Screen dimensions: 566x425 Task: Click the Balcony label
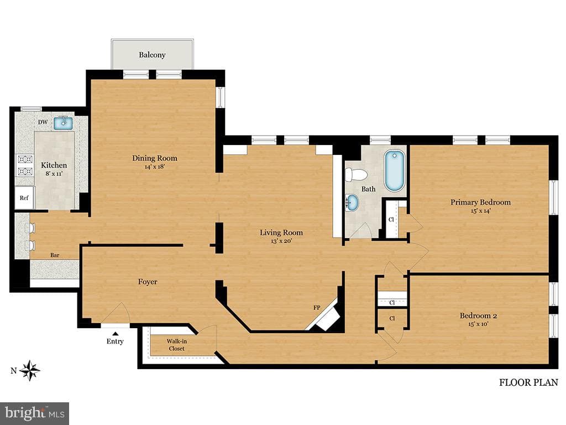click(152, 55)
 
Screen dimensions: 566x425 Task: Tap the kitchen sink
click(63, 123)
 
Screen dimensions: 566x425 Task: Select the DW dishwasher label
click(43, 122)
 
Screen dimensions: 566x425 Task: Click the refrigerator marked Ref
click(24, 198)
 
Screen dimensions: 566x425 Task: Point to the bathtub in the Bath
click(395, 170)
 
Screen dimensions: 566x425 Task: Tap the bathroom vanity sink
click(352, 203)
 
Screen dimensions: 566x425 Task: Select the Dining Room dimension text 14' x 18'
click(155, 167)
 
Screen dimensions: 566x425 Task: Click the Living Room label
click(281, 232)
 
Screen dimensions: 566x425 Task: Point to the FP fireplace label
click(317, 308)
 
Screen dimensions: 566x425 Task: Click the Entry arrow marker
click(115, 334)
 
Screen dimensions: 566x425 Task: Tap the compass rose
click(30, 370)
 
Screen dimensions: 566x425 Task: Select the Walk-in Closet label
click(177, 345)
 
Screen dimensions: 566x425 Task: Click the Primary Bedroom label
click(480, 202)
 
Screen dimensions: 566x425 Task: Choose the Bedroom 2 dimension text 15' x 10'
click(478, 324)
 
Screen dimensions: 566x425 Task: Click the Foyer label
click(148, 282)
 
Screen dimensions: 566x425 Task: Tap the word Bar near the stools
click(55, 255)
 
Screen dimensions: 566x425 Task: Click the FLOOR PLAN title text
click(528, 382)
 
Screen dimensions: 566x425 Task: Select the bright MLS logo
click(35, 413)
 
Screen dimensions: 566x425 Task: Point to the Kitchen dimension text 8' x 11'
click(54, 174)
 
